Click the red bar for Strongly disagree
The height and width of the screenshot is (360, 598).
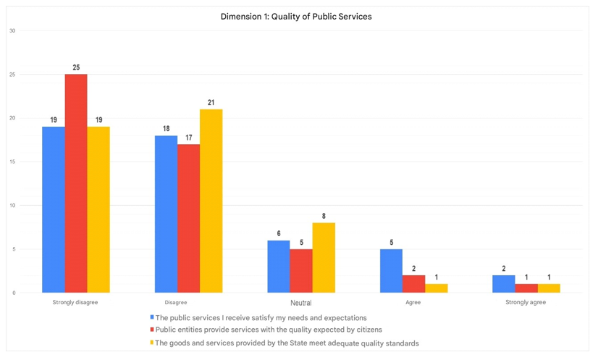pos(76,183)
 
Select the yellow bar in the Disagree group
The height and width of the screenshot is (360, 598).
pos(211,201)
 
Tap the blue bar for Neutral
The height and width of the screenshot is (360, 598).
pos(279,267)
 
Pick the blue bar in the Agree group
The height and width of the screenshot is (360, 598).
pos(391,271)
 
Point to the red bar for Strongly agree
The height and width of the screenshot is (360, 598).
pos(526,288)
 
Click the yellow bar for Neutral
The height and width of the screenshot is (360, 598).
pos(324,258)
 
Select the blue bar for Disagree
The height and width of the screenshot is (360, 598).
pos(167,214)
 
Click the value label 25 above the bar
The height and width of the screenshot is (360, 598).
pos(76,67)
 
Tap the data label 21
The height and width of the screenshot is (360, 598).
pos(211,103)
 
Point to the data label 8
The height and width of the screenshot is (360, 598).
pos(324,216)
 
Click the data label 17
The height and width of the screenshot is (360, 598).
pos(189,138)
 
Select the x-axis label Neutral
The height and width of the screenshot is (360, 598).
pos(301,303)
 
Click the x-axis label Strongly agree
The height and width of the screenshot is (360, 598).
pos(526,302)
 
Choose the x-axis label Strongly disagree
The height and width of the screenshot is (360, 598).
pos(75,302)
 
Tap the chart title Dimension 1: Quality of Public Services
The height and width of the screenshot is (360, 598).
pos(296,16)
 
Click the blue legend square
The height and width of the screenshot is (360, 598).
pos(152,317)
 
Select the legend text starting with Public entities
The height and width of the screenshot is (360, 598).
pos(269,330)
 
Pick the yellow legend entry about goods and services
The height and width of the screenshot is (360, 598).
pos(287,343)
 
